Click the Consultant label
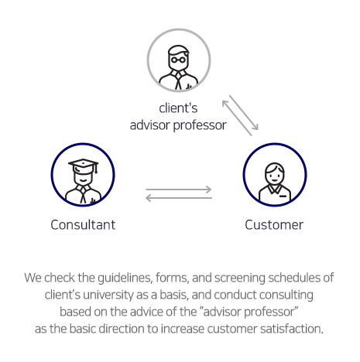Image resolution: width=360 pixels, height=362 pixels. click(x=83, y=225)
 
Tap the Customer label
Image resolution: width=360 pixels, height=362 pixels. click(x=274, y=225)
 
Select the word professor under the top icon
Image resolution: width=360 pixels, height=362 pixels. click(x=200, y=126)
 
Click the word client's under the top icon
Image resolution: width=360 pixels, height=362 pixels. click(x=178, y=108)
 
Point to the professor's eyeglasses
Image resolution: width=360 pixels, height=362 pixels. click(x=178, y=60)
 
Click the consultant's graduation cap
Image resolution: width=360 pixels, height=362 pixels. click(x=83, y=166)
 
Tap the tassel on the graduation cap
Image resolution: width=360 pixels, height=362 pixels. click(x=96, y=169)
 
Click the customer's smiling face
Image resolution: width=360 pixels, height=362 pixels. click(x=275, y=176)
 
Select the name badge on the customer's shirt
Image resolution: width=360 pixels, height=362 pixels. click(x=283, y=196)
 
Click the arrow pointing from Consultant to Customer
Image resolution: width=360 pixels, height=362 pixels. click(x=179, y=190)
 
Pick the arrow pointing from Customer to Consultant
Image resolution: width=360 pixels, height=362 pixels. click(x=179, y=198)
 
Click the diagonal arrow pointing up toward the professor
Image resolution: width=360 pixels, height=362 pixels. click(x=237, y=118)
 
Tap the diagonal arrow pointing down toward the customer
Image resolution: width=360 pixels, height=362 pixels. click(x=244, y=113)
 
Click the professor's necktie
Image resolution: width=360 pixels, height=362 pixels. click(x=178, y=81)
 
